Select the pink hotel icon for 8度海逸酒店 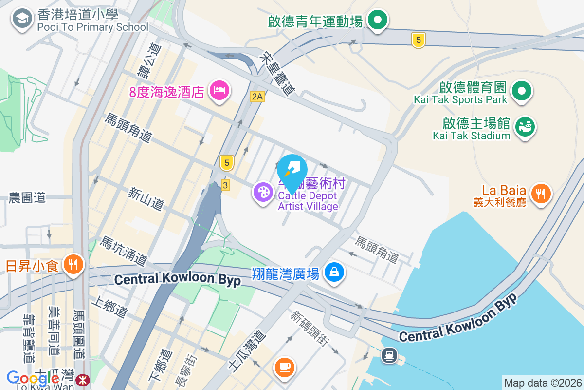[219, 90]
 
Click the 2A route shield [257, 97]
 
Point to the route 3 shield [224, 185]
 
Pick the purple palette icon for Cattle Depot [263, 192]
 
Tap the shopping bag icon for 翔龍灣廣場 [334, 272]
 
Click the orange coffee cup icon [285, 366]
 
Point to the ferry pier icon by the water [389, 355]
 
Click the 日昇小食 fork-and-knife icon [74, 265]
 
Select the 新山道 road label [146, 199]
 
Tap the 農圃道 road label [27, 197]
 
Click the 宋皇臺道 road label [278, 74]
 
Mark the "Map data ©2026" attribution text [543, 383]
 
